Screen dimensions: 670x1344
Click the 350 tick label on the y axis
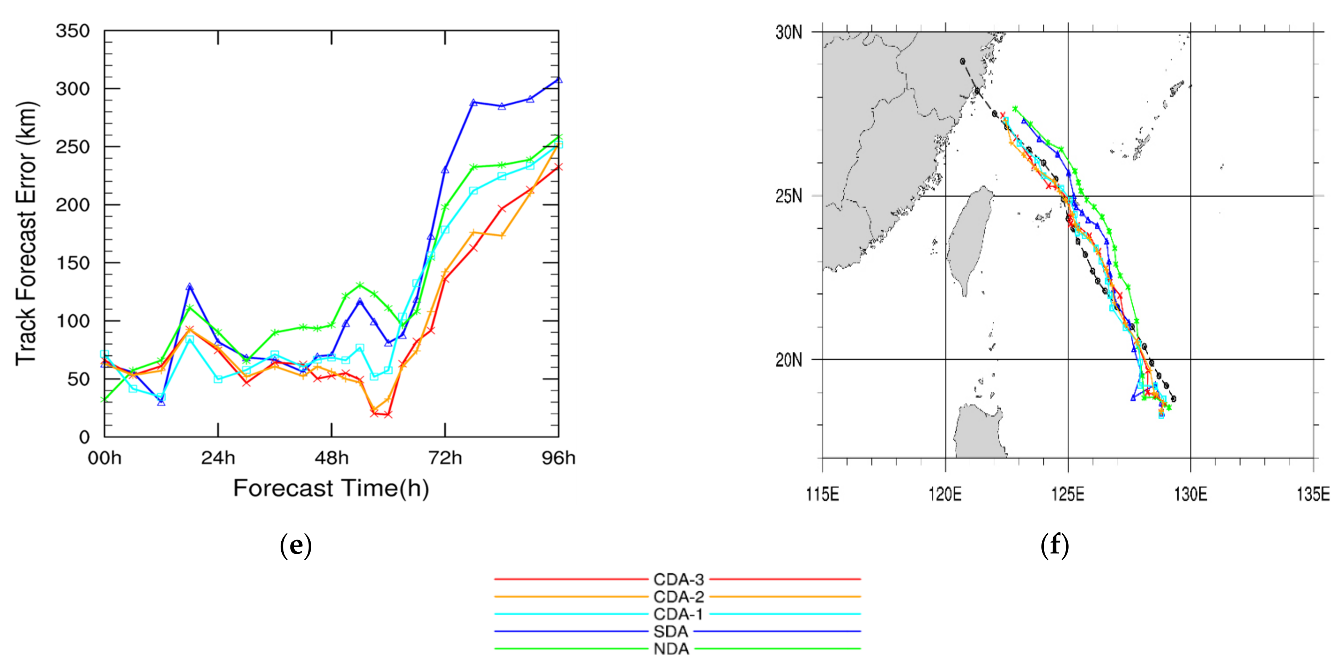pyautogui.click(x=72, y=31)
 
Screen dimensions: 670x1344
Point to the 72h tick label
pyautogui.click(x=445, y=458)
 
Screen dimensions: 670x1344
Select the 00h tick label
pyautogui.click(x=104, y=458)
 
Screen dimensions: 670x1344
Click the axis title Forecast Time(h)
pyautogui.click(x=331, y=488)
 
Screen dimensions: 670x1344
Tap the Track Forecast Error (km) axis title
pyautogui.click(x=26, y=233)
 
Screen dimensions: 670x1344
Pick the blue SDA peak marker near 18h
pyautogui.click(x=189, y=286)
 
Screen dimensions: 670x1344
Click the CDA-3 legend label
pyautogui.click(x=678, y=579)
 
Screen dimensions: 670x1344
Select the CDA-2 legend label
pyautogui.click(x=678, y=597)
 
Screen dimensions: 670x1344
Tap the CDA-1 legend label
pyautogui.click(x=678, y=614)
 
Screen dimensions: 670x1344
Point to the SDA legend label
pyautogui.click(x=671, y=631)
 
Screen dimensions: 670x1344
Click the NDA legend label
pyautogui.click(x=671, y=649)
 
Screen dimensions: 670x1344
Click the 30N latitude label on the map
pyautogui.click(x=788, y=32)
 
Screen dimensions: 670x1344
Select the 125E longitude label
pyautogui.click(x=1068, y=493)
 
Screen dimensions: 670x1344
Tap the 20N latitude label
pyautogui.click(x=788, y=360)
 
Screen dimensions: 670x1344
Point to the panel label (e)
pyautogui.click(x=296, y=545)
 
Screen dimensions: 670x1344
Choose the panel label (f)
pyautogui.click(x=1054, y=545)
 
